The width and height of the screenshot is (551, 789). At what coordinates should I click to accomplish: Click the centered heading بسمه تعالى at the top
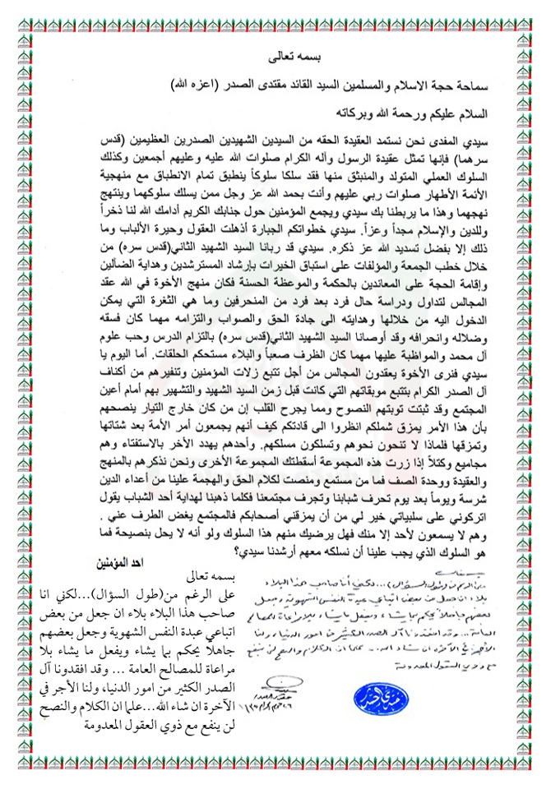click(275, 59)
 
